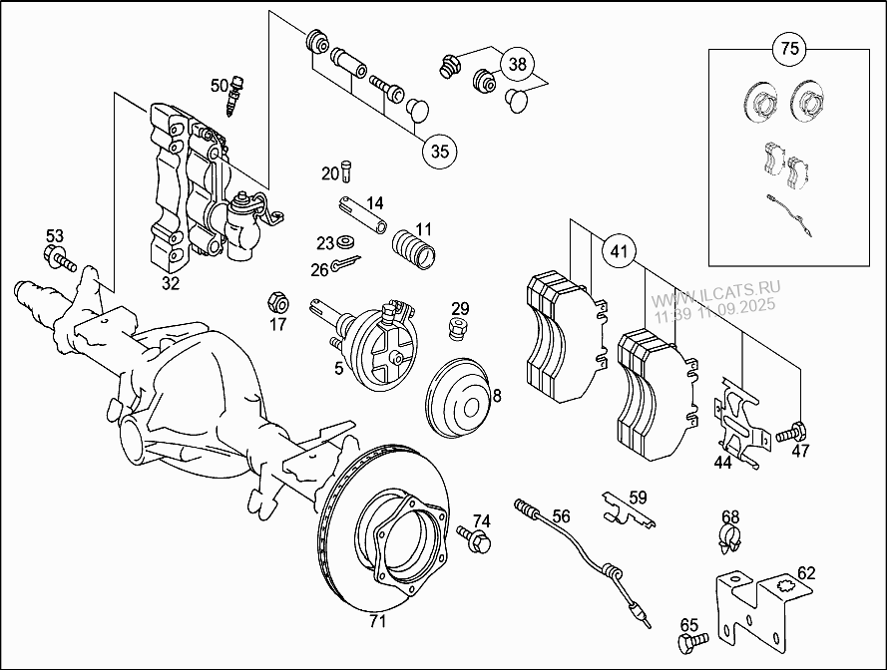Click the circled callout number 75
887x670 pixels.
point(788,48)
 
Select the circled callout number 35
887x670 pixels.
point(439,152)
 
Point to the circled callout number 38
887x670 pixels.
point(516,65)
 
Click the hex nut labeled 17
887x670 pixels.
point(278,301)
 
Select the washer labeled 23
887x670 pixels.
point(347,243)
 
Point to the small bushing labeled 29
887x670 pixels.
point(458,329)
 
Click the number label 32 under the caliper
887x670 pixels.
point(171,283)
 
